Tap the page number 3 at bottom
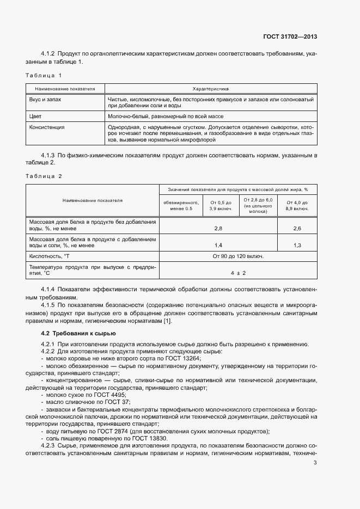pyautogui.click(x=315, y=463)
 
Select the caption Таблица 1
pyautogui.click(x=44, y=75)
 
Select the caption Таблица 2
pyautogui.click(x=44, y=175)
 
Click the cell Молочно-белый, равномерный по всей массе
pyautogui.click(x=166, y=116)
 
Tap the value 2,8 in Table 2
pyautogui.click(x=218, y=228)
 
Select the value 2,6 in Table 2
pyautogui.click(x=297, y=228)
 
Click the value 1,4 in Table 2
pyautogui.click(x=218, y=245)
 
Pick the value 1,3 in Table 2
pyautogui.click(x=297, y=245)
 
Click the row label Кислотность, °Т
pyautogui.click(x=49, y=256)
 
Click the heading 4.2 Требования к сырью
pyautogui.click(x=78, y=333)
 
